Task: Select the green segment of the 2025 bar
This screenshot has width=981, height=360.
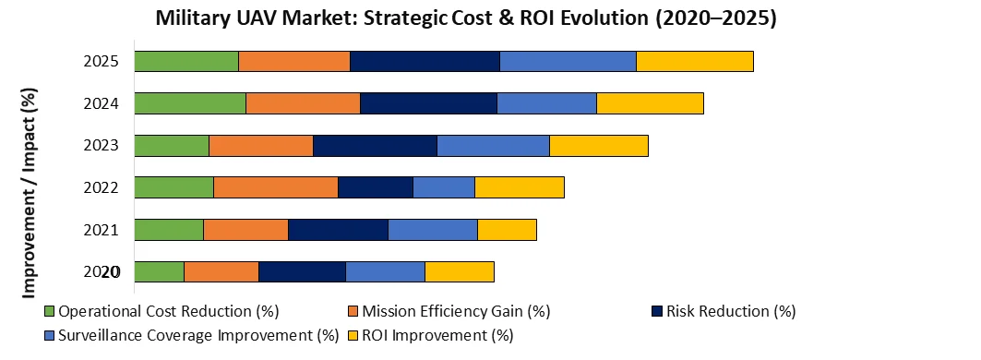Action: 186,61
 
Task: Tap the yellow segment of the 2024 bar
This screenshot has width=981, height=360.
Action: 650,103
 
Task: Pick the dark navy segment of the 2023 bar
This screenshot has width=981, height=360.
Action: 375,146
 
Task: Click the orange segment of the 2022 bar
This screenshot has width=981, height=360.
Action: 276,187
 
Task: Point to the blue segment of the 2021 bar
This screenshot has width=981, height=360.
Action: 433,230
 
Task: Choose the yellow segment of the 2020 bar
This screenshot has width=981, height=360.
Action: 460,271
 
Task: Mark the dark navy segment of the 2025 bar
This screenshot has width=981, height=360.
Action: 425,61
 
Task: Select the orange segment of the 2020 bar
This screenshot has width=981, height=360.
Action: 221,271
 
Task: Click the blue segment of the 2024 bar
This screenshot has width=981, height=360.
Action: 546,103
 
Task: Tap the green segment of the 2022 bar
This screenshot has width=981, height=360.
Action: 174,187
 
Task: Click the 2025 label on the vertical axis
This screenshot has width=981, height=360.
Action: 101,62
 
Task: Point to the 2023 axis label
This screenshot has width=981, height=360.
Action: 101,146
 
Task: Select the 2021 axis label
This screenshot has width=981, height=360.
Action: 101,230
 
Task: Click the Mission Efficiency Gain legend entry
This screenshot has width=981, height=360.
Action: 456,311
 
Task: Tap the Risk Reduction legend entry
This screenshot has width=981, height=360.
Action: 730,311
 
